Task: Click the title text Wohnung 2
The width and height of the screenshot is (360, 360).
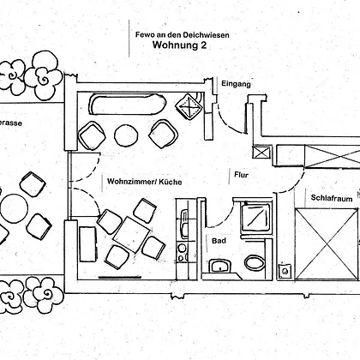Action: coord(179,45)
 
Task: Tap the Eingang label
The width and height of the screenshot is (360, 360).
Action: coord(236,84)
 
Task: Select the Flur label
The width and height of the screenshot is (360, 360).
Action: coord(242,175)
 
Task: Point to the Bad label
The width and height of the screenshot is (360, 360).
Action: coord(219,241)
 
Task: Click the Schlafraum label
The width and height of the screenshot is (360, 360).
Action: coord(332,198)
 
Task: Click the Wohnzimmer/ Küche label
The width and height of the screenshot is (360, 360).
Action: coord(145,182)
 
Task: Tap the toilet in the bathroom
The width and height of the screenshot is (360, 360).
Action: coord(255,262)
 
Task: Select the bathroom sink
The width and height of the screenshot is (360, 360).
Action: coord(220,267)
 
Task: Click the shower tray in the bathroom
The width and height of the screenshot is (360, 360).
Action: coord(256,218)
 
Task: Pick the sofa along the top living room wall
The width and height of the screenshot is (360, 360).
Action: coord(128,104)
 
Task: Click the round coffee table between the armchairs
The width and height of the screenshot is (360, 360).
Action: coord(126,136)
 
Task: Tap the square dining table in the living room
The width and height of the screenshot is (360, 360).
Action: coord(131,235)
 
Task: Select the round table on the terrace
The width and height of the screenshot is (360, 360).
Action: coord(15,208)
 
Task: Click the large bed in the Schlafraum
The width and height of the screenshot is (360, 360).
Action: coord(327,244)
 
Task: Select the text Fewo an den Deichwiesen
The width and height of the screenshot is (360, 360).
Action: coord(183,35)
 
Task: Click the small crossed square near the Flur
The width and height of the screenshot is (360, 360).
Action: coord(261,152)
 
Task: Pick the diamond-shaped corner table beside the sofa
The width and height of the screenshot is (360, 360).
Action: coord(189,106)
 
